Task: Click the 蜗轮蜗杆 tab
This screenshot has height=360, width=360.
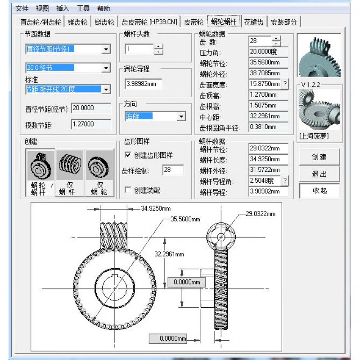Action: [224, 22]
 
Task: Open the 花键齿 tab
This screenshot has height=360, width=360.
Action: [254, 22]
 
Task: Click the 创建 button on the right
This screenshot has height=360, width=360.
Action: [319, 157]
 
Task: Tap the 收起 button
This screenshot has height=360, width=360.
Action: [319, 190]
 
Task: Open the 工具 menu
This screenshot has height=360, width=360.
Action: [83, 9]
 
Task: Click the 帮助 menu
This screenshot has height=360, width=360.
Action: [103, 9]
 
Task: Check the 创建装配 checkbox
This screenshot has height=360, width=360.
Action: [128, 190]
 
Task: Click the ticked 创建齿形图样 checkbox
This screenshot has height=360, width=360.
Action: [128, 155]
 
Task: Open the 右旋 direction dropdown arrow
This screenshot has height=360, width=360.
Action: [181, 117]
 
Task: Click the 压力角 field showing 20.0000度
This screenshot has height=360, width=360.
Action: [268, 52]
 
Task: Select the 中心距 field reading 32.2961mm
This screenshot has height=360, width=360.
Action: [268, 116]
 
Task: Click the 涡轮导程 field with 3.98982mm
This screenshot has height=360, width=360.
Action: [143, 84]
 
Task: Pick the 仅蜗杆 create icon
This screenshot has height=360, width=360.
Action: [70, 173]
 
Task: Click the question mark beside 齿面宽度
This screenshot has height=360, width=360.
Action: [285, 84]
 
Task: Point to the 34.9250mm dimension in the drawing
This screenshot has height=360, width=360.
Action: [156, 209]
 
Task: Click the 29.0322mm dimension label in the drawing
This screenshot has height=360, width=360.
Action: [260, 214]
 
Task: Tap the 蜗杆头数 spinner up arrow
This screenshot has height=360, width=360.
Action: [158, 46]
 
